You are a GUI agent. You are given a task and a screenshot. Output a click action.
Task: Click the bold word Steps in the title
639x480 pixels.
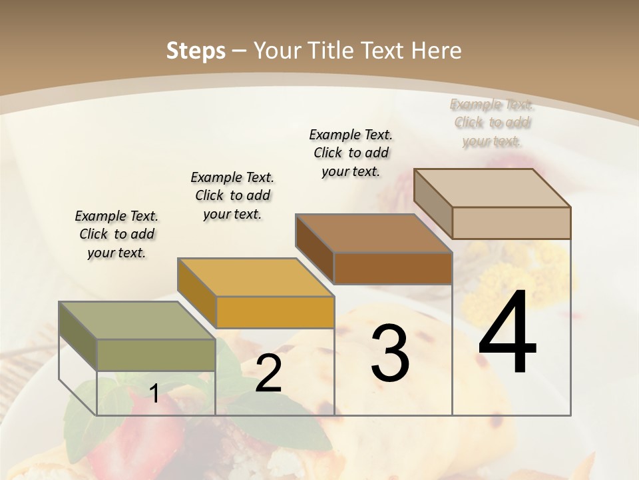click(x=196, y=51)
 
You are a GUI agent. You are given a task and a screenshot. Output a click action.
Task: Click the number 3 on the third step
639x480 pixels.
click(x=390, y=353)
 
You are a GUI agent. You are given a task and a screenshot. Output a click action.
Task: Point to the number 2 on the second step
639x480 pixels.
click(x=268, y=373)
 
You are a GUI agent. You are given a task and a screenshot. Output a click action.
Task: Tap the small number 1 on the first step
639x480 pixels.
click(x=154, y=393)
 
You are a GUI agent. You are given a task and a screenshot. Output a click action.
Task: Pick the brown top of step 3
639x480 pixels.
click(x=373, y=233)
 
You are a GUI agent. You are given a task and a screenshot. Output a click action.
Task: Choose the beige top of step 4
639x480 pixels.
click(x=492, y=188)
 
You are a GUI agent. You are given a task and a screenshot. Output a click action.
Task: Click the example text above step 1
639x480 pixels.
click(x=116, y=234)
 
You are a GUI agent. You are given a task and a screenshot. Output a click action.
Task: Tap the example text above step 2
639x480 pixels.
click(x=232, y=195)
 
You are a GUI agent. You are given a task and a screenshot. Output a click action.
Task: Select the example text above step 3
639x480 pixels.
click(x=351, y=153)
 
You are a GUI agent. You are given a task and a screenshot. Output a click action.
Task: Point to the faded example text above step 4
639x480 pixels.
click(x=492, y=123)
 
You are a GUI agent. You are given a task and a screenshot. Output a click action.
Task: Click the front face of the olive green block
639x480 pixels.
click(x=156, y=355)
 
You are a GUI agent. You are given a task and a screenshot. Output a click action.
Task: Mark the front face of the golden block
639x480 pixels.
click(x=274, y=312)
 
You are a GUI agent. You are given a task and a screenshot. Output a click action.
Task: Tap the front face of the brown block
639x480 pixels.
click(x=393, y=268)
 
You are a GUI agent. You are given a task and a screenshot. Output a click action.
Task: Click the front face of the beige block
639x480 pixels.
click(x=511, y=223)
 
